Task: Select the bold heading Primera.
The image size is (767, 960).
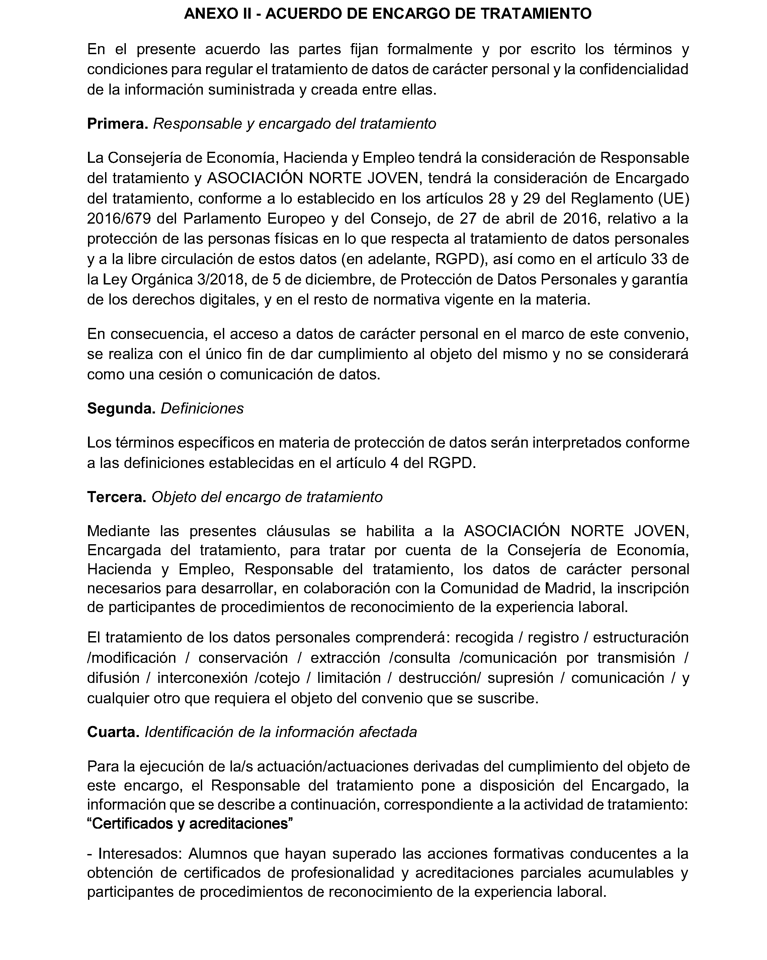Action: point(117,123)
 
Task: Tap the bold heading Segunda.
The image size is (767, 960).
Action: point(121,408)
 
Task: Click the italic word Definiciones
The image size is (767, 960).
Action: point(202,408)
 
